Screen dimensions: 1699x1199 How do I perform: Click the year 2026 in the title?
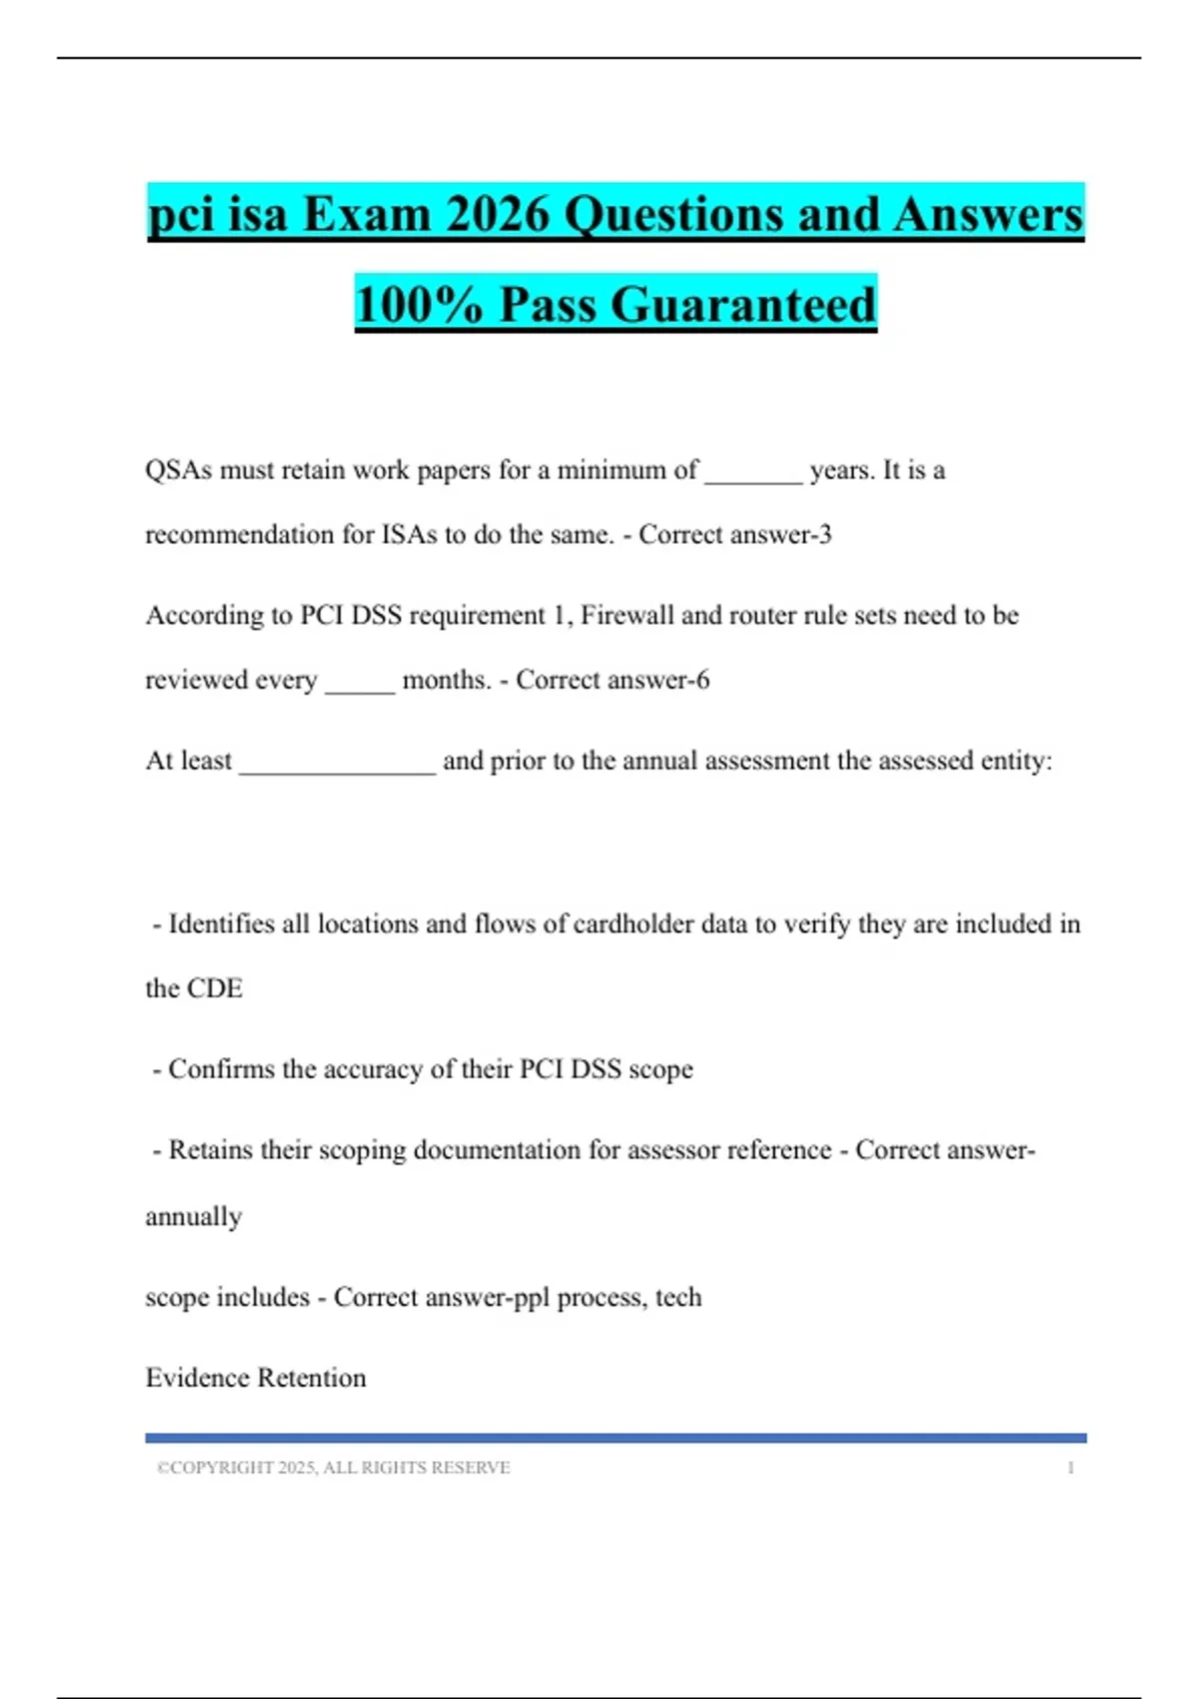498,214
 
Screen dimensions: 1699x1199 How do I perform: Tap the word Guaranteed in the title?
743,304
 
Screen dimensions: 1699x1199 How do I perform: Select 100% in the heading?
420,304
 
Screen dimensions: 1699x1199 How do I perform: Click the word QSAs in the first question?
178,470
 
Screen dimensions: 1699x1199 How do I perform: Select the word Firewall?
627,615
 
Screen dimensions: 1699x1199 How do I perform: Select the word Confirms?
221,1069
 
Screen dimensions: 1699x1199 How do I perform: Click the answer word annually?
194,1216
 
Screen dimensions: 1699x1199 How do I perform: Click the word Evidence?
197,1378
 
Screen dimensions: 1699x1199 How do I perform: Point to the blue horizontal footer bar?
615,1438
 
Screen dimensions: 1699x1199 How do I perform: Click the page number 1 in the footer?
1070,1468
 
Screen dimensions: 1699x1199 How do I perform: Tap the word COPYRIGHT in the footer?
222,1468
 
